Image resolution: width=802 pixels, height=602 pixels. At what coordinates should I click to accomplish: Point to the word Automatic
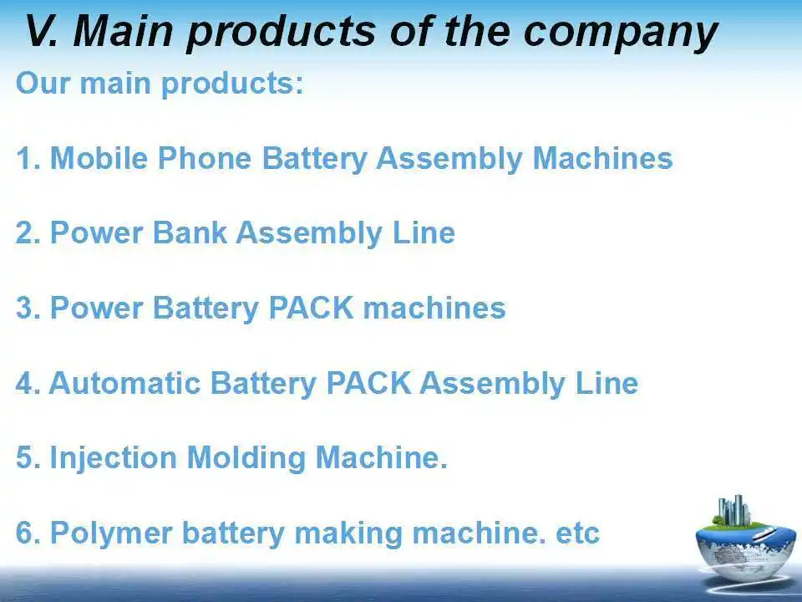[124, 384]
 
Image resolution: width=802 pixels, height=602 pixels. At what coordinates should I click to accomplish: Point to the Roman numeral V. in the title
[43, 32]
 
